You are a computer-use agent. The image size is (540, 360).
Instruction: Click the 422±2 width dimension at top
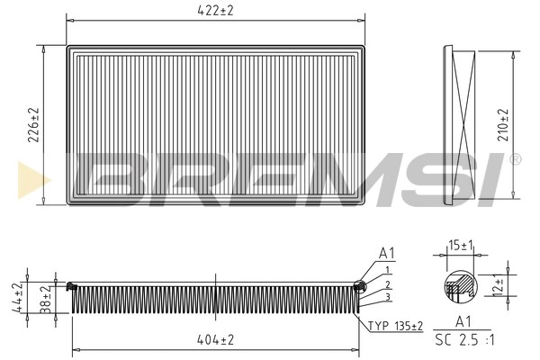(x=216, y=12)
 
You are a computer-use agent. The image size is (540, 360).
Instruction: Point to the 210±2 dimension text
(x=503, y=124)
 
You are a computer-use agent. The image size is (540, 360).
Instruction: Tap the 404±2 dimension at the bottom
(x=215, y=340)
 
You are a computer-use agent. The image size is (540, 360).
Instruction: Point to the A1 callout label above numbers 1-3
(x=387, y=254)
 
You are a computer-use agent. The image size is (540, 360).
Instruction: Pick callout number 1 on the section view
(x=387, y=270)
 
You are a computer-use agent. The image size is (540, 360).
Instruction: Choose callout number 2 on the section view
(x=387, y=283)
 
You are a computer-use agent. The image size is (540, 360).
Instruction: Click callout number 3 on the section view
(x=387, y=297)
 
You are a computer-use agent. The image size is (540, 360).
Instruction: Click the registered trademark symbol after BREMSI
(x=515, y=159)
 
